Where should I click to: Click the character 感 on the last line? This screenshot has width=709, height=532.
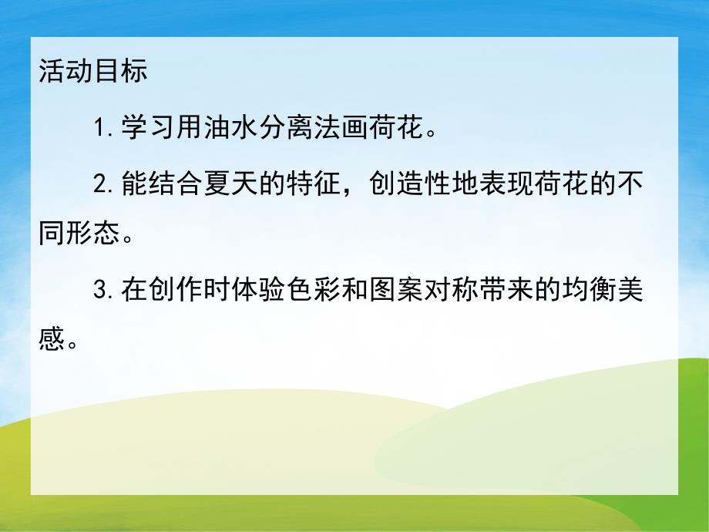[x=51, y=340]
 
